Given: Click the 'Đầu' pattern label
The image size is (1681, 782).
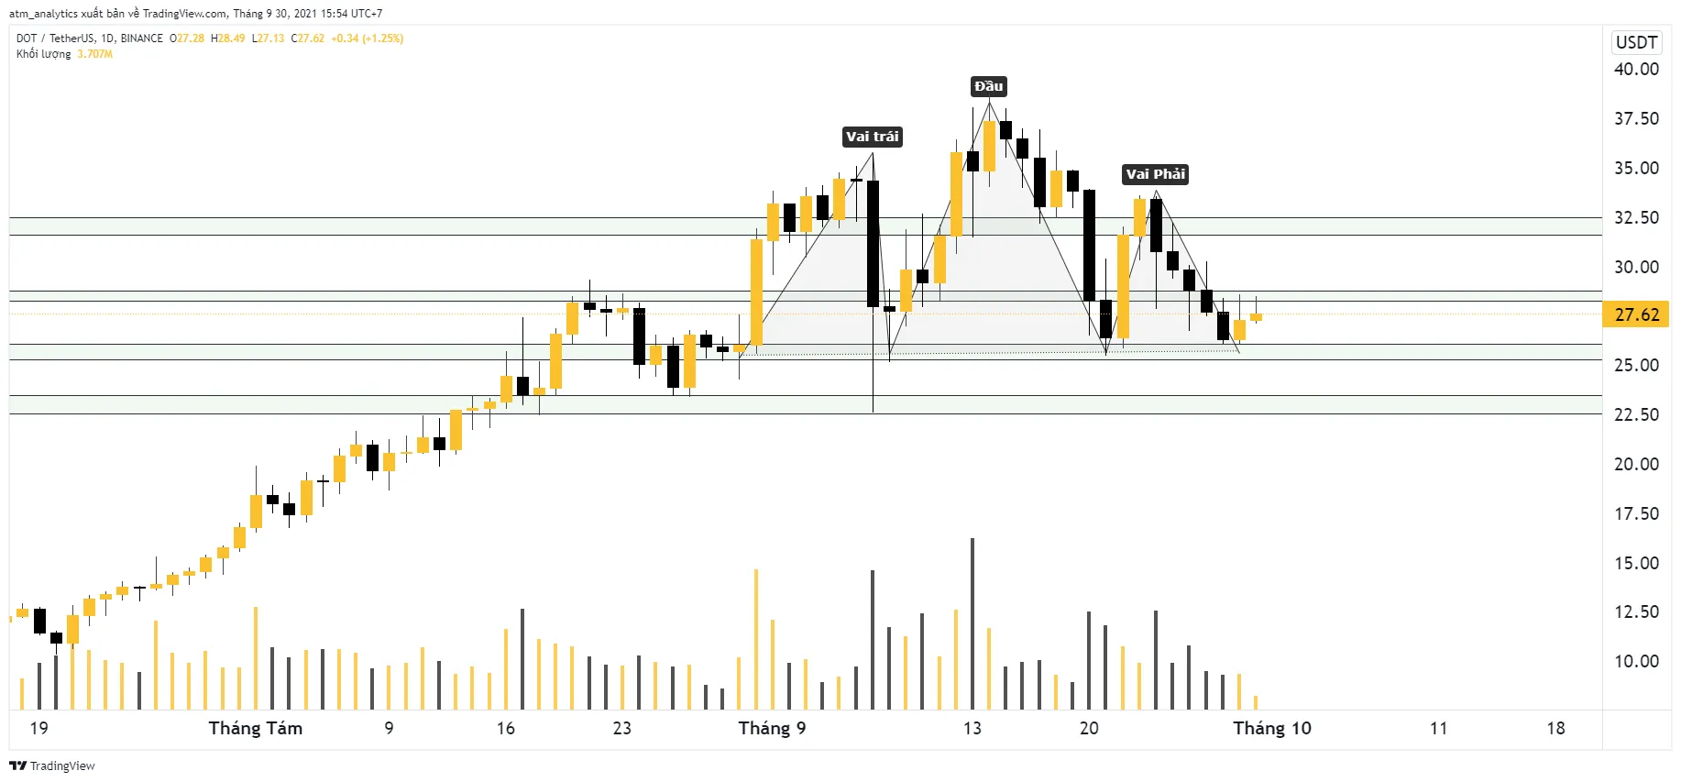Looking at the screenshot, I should tap(988, 86).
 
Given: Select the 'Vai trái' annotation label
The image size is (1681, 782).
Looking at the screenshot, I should tap(872, 137).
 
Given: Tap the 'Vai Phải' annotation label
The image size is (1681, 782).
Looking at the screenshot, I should tap(1155, 174).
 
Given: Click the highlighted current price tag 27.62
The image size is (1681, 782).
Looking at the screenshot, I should tap(1636, 314).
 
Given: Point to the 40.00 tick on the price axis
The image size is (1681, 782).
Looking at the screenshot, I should tap(1636, 69).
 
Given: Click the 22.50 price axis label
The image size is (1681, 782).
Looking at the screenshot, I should tap(1636, 414).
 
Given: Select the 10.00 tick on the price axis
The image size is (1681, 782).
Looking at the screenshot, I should tap(1636, 661).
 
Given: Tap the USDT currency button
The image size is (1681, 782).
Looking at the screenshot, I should tap(1636, 42).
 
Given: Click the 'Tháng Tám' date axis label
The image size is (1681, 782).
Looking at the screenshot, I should tap(255, 728).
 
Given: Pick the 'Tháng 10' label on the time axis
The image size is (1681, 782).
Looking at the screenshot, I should tap(1271, 728).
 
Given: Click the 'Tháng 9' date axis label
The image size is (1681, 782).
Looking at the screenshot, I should tap(772, 728).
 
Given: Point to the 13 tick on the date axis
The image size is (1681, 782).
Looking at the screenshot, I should tap(972, 728).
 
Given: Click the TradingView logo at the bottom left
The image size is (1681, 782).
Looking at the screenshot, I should tap(52, 765).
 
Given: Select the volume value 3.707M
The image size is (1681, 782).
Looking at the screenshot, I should tap(95, 54).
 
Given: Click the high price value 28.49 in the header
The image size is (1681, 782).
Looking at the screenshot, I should tap(231, 39).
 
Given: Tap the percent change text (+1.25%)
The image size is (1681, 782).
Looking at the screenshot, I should tap(383, 39).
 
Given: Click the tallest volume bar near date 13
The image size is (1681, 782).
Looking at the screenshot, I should tap(972, 623).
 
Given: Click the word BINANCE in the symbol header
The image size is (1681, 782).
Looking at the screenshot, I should tap(142, 39).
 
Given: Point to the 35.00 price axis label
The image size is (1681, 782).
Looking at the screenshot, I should tap(1636, 168).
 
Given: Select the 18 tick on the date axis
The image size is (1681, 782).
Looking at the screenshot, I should tap(1555, 728).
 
